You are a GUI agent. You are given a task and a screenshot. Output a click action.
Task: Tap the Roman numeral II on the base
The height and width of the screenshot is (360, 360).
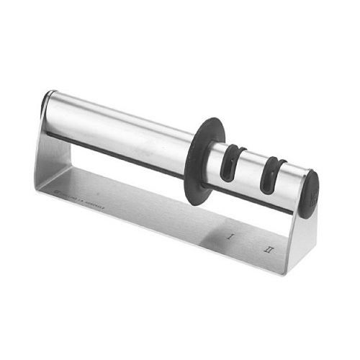269,250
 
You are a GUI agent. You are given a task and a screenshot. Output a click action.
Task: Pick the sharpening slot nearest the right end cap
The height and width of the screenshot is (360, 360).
271,176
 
